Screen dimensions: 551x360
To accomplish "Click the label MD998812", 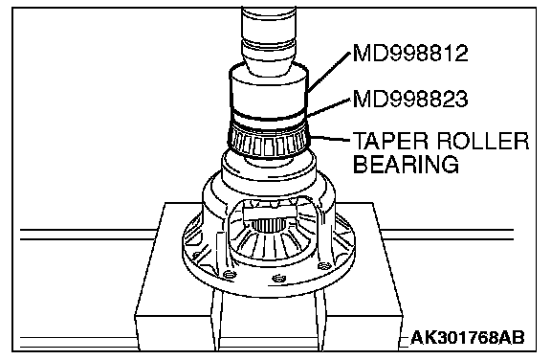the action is point(410,54).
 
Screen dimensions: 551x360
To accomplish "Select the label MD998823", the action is point(410,99).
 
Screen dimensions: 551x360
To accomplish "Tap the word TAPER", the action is point(390,141).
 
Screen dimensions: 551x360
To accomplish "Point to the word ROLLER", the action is point(483,141).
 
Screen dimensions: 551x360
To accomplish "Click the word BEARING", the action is point(406,164).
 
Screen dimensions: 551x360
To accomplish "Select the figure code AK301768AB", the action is point(468,337).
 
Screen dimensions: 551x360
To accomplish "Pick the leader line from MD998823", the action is point(328,107).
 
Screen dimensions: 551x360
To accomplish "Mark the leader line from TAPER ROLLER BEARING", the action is point(330,139).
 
